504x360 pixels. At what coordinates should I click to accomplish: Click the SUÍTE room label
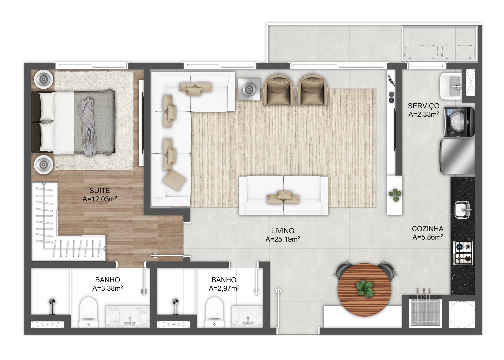coord(100,191)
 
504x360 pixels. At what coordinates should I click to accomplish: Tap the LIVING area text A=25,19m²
coord(283,239)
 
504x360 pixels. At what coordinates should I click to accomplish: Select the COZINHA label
coord(428,229)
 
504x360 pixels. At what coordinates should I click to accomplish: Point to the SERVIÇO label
coord(424,106)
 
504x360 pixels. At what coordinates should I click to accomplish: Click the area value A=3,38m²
coord(108,288)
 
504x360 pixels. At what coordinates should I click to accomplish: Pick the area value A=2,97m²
coord(224,288)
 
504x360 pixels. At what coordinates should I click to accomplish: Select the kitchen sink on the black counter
coord(462,210)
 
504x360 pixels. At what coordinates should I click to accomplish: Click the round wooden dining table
coord(365,290)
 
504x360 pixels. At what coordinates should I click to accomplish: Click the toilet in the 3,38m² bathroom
coord(88,312)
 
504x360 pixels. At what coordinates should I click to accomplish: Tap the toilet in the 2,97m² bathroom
coord(214,312)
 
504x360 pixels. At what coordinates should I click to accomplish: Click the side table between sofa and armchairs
coord(249,89)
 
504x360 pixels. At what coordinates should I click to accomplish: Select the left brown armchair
coord(278,90)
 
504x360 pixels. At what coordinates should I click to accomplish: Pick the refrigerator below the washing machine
coord(457,156)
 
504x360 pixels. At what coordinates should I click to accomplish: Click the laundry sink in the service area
coord(451,86)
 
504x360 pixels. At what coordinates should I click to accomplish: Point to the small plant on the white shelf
coord(395,195)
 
